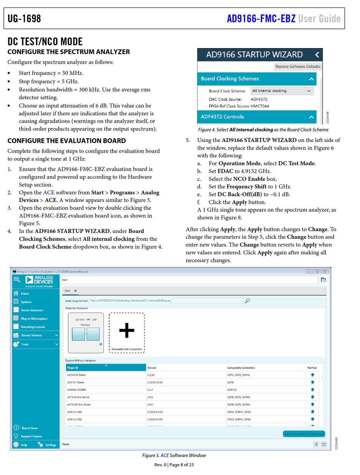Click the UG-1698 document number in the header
[24, 19]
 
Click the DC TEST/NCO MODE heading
[45, 41]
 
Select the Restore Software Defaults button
[297, 67]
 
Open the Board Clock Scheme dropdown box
[282, 91]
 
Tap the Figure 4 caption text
[263, 130]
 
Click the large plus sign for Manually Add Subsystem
[127, 331]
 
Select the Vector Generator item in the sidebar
[32, 310]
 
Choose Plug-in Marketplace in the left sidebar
[34, 319]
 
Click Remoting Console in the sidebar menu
[33, 327]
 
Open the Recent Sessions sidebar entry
[32, 335]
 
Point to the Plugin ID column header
[73, 368]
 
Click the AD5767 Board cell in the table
[75, 383]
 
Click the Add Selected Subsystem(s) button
[304, 434]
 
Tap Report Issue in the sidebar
[29, 428]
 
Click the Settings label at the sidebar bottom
[51, 445]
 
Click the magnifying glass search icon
[247, 301]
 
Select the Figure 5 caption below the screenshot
[174, 455]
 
